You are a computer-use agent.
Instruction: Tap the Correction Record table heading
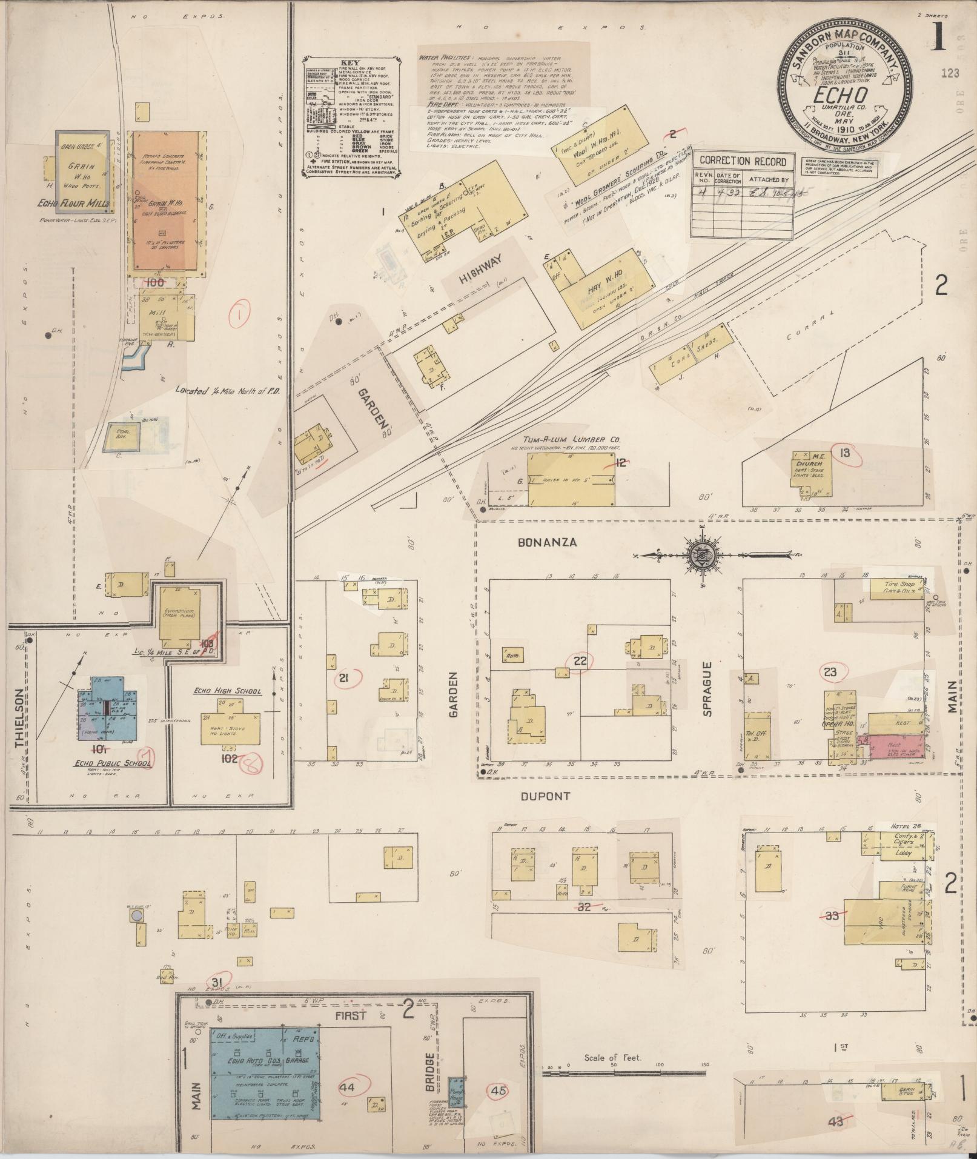tap(743, 161)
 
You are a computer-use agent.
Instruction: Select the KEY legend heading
tap(349, 62)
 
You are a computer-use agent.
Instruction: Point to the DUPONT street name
tap(546, 795)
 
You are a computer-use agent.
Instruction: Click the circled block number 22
tap(580, 661)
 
